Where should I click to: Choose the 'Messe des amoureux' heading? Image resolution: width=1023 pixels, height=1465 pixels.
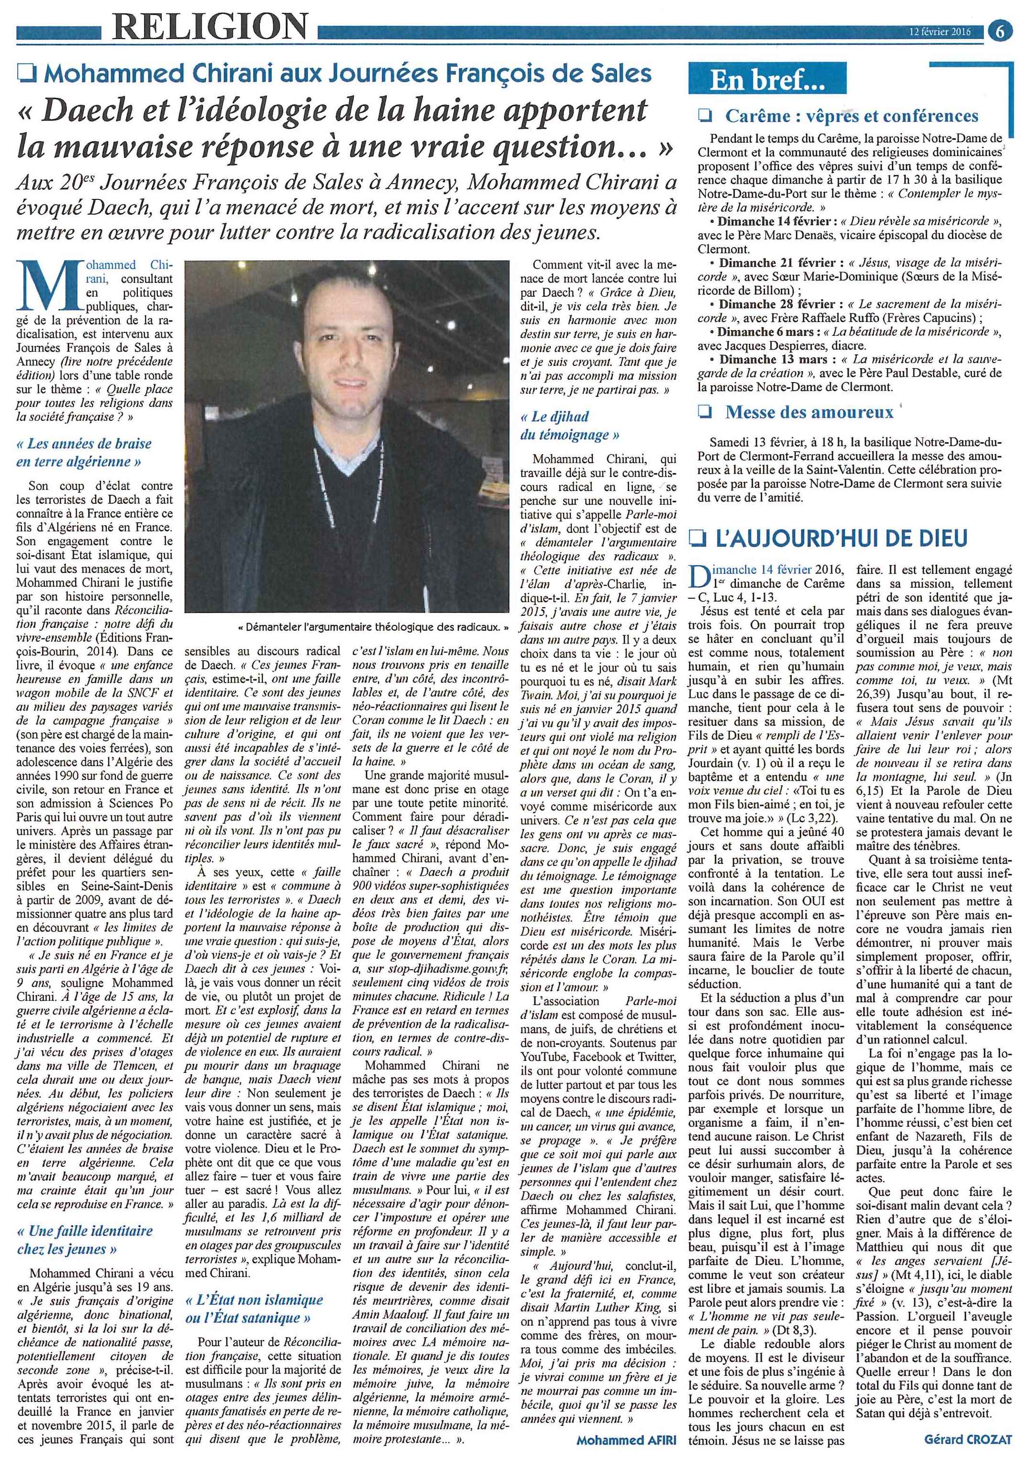click(x=809, y=412)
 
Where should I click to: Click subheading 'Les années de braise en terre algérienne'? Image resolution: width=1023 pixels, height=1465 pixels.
click(x=83, y=452)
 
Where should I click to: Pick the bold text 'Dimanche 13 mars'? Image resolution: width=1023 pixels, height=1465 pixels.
click(x=762, y=360)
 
